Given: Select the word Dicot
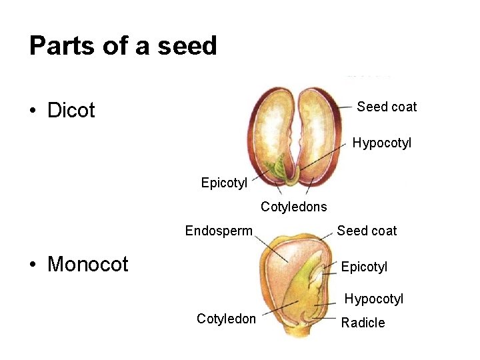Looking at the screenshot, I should (x=71, y=110).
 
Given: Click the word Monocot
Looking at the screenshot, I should (x=88, y=264).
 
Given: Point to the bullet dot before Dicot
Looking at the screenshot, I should (x=33, y=111).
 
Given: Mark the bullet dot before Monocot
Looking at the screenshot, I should (x=33, y=265).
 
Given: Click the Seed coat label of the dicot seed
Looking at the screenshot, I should (x=387, y=107).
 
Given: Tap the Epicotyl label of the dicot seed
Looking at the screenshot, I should (x=224, y=182).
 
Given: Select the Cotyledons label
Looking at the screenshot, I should (x=293, y=207).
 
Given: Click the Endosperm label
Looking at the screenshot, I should (x=219, y=231).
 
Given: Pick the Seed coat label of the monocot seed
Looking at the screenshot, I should (x=367, y=231).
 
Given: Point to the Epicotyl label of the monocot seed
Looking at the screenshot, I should (x=364, y=267).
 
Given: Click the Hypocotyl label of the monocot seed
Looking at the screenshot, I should (x=373, y=299).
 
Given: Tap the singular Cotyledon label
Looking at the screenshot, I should (x=226, y=319).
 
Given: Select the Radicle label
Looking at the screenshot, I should (x=363, y=323).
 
